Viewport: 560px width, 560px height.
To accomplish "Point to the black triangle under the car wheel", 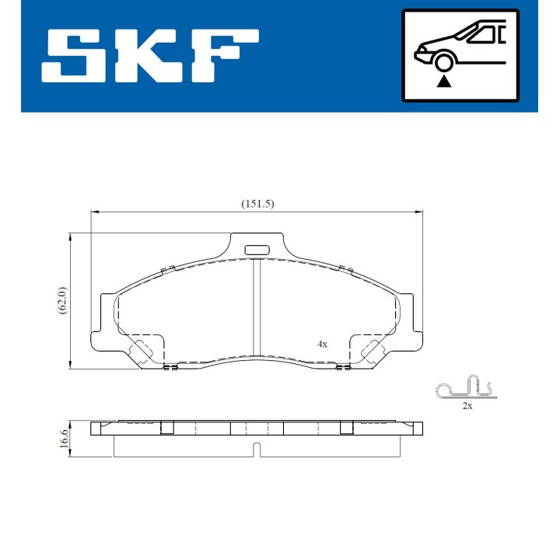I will pos(444,81).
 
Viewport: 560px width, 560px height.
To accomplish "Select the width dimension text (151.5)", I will pos(257,204).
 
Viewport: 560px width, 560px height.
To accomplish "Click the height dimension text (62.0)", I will pos(63,300).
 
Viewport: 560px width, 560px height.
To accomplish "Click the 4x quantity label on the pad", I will pos(322,343).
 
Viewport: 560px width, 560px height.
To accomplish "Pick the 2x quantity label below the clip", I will pos(467,406).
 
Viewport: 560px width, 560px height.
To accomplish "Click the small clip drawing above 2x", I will pos(464,389).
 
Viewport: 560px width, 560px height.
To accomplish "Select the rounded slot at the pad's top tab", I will pos(256,250).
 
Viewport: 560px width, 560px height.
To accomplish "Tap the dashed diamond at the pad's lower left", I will pos(141,351).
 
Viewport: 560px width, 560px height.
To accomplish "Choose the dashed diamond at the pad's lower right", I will pos(371,351).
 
